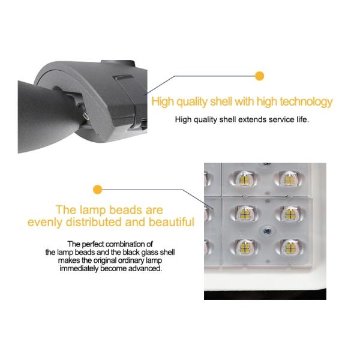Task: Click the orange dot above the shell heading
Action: pyautogui.click(x=259, y=76)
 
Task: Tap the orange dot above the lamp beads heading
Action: pyautogui.click(x=98, y=190)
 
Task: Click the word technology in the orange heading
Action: pyautogui.click(x=306, y=102)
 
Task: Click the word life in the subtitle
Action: pyautogui.click(x=302, y=119)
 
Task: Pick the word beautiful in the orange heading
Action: pyautogui.click(x=172, y=222)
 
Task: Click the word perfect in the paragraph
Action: pyautogui.click(x=93, y=244)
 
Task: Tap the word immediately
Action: pyautogui.click(x=79, y=268)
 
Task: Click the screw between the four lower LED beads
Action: pyautogui.click(x=268, y=231)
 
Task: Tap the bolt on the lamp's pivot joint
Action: pyautogui.click(x=86, y=116)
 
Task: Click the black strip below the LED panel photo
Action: pyautogui.click(x=265, y=294)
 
